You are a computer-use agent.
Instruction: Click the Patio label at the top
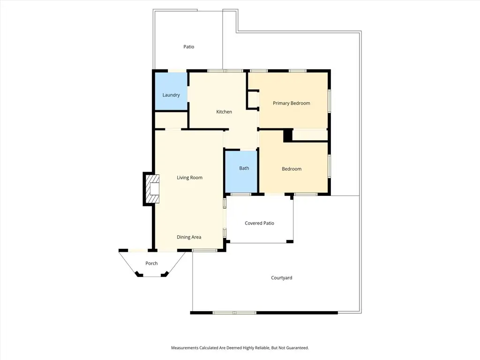[188, 47]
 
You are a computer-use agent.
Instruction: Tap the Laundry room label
[171, 95]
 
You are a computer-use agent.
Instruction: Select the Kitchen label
[224, 112]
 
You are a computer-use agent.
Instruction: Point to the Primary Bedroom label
[291, 103]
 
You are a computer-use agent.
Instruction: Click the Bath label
[244, 168]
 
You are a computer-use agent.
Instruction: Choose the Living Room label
[189, 178]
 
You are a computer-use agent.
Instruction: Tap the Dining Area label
[189, 237]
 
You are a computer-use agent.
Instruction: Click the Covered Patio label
[259, 223]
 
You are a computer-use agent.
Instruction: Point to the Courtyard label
[281, 278]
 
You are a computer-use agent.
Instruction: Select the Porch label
[151, 263]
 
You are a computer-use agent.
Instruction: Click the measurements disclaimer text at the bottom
[240, 348]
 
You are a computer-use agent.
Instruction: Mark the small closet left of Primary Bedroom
[253, 99]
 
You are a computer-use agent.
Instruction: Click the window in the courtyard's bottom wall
[234, 313]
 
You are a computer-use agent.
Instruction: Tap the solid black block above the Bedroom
[288, 135]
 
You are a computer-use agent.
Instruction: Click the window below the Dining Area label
[204, 251]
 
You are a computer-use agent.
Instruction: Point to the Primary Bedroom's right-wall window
[330, 100]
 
